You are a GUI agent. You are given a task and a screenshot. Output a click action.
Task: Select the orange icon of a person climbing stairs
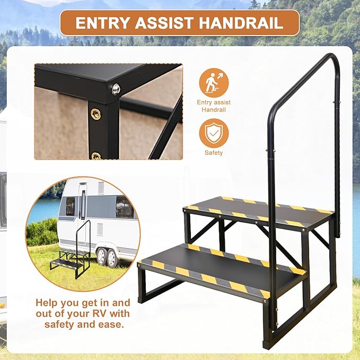(214, 83)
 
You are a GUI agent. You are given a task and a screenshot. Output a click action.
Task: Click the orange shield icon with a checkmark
(214, 133)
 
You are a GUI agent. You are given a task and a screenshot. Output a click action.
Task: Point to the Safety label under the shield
(214, 153)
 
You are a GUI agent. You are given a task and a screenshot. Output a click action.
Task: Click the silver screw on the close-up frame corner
(116, 89)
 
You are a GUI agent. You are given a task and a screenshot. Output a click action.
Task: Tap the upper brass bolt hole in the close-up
(96, 112)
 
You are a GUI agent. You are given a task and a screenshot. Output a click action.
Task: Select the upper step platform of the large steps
(260, 209)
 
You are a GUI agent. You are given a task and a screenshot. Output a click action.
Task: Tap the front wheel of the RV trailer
(101, 257)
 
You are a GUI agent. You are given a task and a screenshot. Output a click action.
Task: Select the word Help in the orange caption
(47, 303)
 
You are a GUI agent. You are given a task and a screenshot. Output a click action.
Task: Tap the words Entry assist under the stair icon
(214, 102)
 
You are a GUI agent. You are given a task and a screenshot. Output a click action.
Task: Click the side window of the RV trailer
(124, 207)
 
